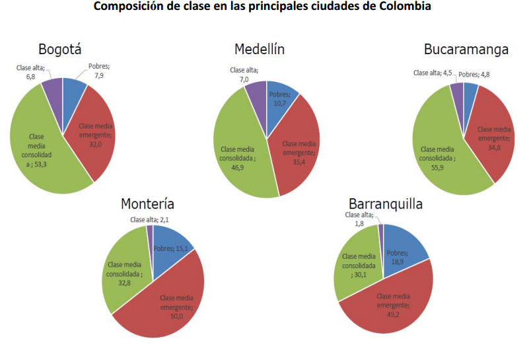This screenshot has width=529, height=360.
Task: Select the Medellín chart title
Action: coord(260,50)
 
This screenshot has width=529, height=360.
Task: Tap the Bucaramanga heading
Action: coord(466,50)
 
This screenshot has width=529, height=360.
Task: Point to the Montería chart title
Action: coord(147,203)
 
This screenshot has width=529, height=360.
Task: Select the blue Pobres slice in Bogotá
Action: coord(73,89)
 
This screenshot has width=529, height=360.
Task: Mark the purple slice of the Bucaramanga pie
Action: coord(458,92)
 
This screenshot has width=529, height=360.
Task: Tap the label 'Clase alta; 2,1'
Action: coord(153,220)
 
